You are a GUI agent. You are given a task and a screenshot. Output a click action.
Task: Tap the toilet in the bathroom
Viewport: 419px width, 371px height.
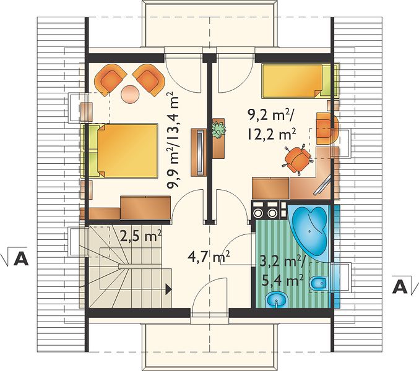[x=319, y=283]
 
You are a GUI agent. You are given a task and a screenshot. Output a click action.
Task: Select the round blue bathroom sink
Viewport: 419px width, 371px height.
[x=276, y=300]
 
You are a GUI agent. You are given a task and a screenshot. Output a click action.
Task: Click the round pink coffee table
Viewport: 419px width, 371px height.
[x=130, y=94]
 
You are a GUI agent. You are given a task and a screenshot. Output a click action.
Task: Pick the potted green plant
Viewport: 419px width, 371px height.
[x=219, y=130]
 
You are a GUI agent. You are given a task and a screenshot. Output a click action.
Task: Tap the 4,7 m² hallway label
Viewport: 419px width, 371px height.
[x=209, y=258]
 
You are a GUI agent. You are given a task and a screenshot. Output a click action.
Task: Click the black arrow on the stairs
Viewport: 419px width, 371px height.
[x=168, y=289]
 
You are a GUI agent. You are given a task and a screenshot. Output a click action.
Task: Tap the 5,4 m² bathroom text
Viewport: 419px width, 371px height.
[x=282, y=281]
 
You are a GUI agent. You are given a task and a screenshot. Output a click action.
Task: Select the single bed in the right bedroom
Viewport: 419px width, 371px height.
[x=300, y=81]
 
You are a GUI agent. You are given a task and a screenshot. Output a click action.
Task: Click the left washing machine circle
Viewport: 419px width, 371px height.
[x=258, y=213]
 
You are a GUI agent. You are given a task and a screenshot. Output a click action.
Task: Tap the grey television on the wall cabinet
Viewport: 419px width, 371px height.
[x=200, y=153]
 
